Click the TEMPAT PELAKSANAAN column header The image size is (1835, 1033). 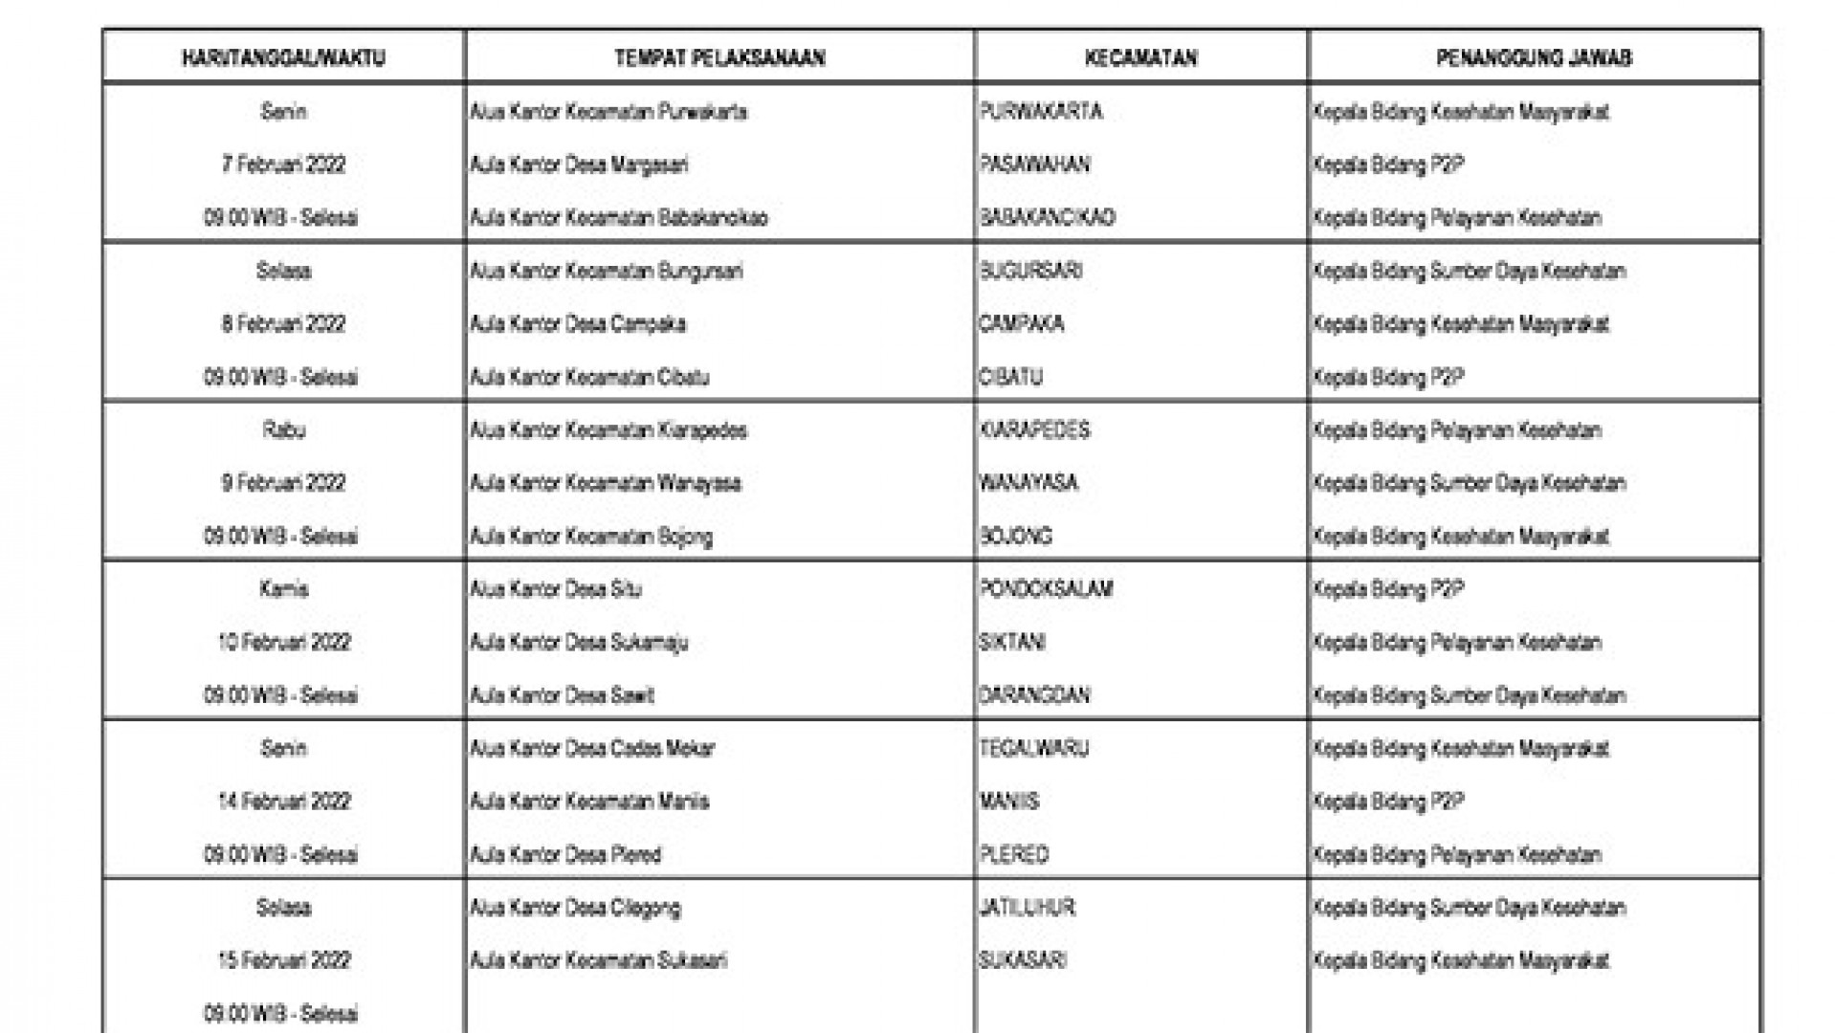point(719,58)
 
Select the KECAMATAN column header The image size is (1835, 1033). point(1140,58)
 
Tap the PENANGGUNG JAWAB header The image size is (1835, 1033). point(1534,58)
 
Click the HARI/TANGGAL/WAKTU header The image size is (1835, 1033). point(283,58)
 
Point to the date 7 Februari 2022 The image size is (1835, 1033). point(283,165)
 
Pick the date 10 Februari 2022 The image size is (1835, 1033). point(283,642)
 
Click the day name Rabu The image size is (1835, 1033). point(283,429)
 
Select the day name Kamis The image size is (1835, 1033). point(283,589)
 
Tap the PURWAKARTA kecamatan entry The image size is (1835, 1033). point(1041,112)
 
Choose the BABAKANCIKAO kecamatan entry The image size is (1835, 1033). point(1048,218)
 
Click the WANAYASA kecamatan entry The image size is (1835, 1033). point(1028,483)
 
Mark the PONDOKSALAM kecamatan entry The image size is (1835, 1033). point(1046,589)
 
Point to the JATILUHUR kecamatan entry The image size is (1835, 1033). point(1027,907)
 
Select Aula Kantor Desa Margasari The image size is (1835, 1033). point(579,165)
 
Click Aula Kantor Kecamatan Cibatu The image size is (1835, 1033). point(589,377)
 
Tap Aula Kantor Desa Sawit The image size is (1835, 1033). point(562,695)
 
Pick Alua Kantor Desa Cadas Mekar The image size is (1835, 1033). point(592,748)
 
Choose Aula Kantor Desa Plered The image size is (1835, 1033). point(565,854)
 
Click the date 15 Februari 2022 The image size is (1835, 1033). point(283,960)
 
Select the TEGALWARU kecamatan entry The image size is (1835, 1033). point(1034,748)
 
